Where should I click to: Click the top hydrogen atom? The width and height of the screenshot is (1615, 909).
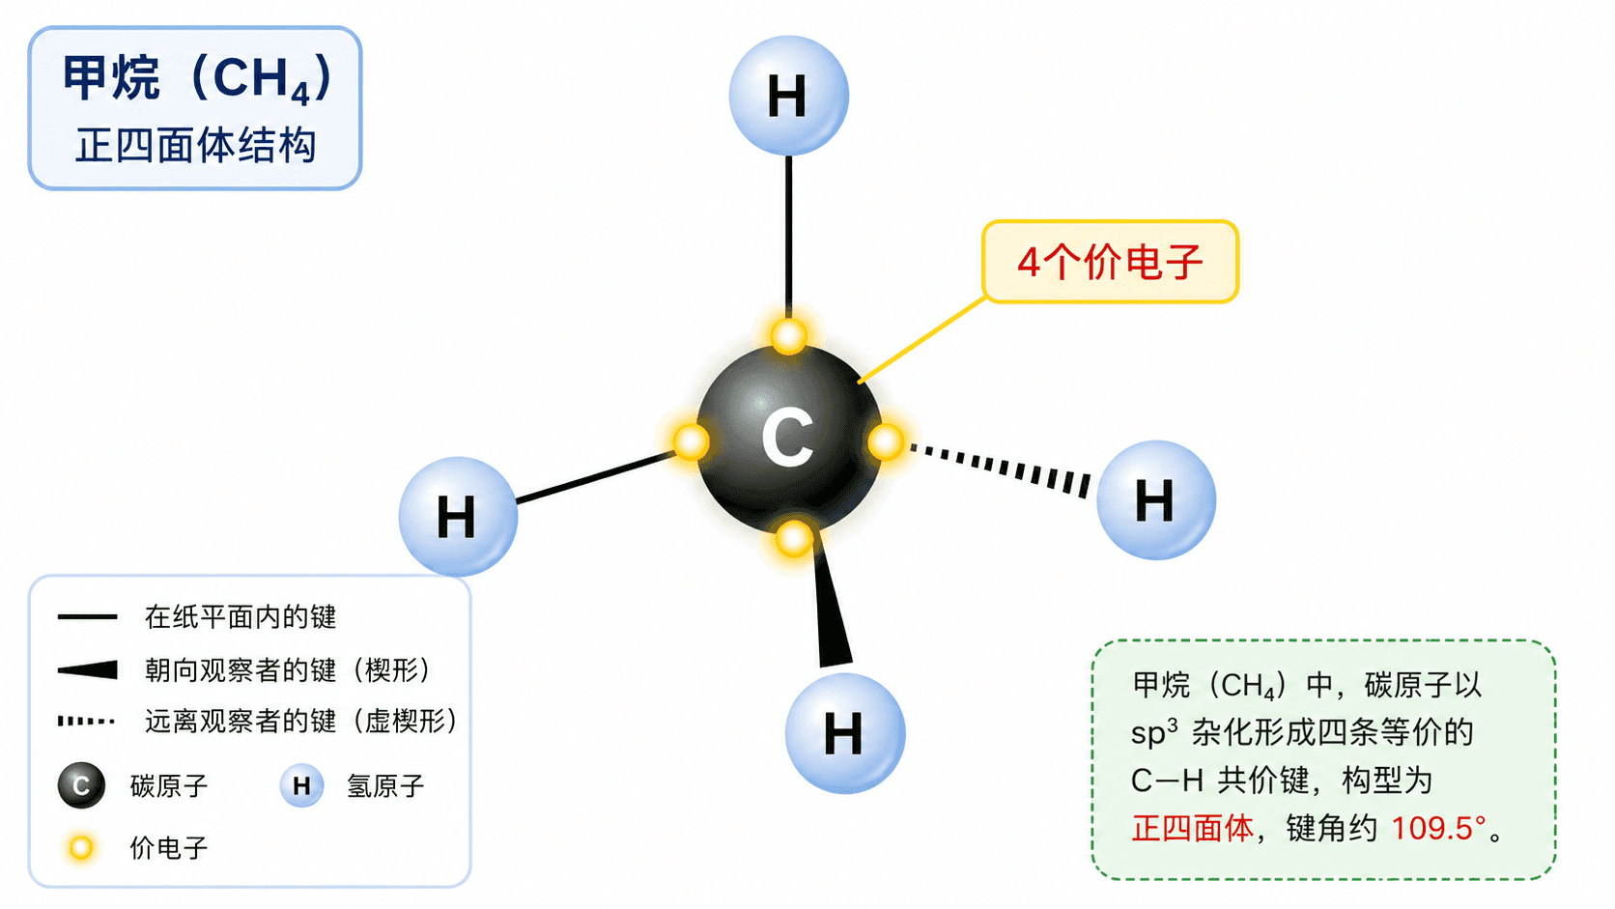pyautogui.click(x=789, y=96)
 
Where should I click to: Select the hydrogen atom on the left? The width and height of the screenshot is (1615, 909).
pyautogui.click(x=459, y=516)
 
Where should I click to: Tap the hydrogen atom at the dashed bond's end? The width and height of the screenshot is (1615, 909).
pyautogui.click(x=1156, y=499)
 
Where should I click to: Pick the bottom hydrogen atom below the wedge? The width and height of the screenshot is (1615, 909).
pyautogui.click(x=845, y=733)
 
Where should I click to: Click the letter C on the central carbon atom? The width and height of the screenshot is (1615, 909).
pyautogui.click(x=788, y=437)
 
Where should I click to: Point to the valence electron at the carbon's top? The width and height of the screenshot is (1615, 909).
pyautogui.click(x=788, y=336)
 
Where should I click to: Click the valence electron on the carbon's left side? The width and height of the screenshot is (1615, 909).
pyautogui.click(x=690, y=441)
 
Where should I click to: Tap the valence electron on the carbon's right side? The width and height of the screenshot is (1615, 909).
pyautogui.click(x=886, y=441)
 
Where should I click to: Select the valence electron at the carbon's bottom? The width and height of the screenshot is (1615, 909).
pyautogui.click(x=794, y=538)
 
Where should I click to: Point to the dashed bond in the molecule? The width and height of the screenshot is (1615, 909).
pyautogui.click(x=1001, y=469)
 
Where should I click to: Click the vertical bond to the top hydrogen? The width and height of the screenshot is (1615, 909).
pyautogui.click(x=789, y=237)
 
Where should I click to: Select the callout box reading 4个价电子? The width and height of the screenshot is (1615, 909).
pyautogui.click(x=1111, y=261)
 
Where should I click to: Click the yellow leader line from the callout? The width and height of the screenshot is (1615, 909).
pyautogui.click(x=921, y=339)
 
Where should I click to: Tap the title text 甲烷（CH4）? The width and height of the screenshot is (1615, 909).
pyautogui.click(x=197, y=78)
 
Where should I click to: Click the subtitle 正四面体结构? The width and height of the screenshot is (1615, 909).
pyautogui.click(x=195, y=145)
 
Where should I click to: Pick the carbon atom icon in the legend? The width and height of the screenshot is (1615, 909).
pyautogui.click(x=81, y=785)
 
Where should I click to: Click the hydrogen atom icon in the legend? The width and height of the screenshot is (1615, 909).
pyautogui.click(x=302, y=785)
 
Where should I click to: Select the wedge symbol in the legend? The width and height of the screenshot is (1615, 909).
pyautogui.click(x=87, y=669)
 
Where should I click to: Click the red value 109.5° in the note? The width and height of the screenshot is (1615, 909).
pyautogui.click(x=1438, y=828)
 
